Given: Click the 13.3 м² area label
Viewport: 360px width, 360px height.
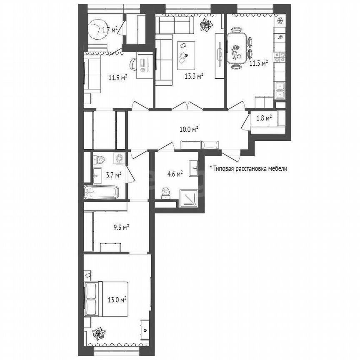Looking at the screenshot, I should (x=194, y=76).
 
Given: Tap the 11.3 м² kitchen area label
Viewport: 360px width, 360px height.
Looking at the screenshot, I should (x=258, y=63).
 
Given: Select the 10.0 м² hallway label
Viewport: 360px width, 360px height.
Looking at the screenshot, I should (x=188, y=129).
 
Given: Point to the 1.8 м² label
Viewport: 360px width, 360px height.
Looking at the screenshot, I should (x=263, y=118).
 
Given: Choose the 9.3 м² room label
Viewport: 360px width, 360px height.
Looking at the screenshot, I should (x=121, y=227).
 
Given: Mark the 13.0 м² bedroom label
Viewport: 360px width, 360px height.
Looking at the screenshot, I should (x=118, y=299).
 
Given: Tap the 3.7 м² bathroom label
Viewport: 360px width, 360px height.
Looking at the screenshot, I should (x=113, y=175).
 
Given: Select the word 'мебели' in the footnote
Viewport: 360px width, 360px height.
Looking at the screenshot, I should (x=276, y=169).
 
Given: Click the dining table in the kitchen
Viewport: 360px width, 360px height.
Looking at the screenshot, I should (x=236, y=48).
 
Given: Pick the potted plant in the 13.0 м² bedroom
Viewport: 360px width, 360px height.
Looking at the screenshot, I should (x=99, y=334).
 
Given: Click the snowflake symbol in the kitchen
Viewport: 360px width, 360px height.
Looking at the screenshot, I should (x=280, y=20).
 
